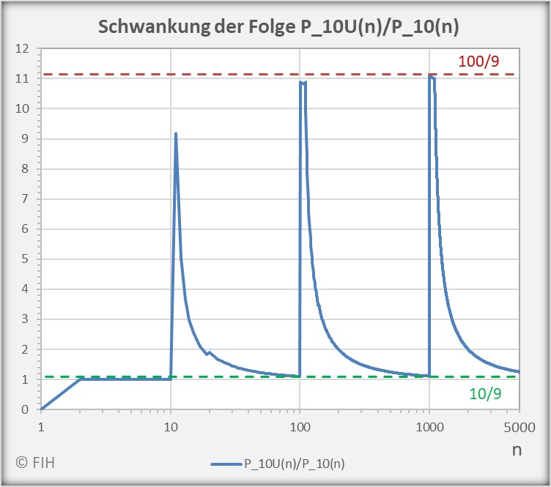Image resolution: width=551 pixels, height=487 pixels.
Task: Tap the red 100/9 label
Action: pyautogui.click(x=478, y=62)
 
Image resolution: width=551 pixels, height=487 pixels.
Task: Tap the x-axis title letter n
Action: pyautogui.click(x=517, y=450)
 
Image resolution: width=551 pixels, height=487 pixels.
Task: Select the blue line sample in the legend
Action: pyautogui.click(x=229, y=463)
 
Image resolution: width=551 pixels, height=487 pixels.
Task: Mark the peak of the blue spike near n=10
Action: pyautogui.click(x=176, y=133)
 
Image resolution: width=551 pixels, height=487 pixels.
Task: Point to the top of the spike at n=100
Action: pyautogui.click(x=301, y=82)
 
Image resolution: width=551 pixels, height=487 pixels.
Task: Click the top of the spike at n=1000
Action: pyautogui.click(x=431, y=75)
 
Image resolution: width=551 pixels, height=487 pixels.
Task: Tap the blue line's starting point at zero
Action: pyautogui.click(x=42, y=409)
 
